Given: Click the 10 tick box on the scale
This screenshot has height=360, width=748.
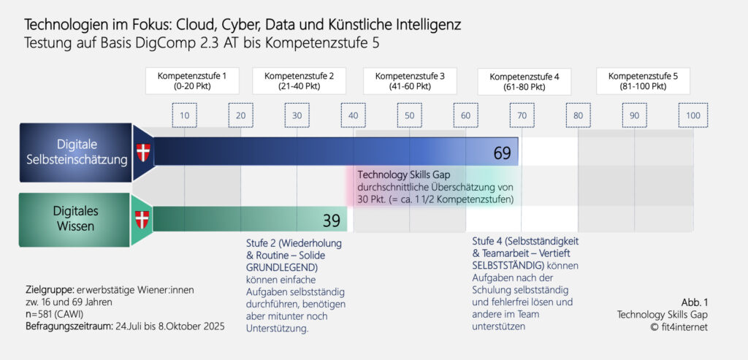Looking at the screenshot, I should coord(185,116).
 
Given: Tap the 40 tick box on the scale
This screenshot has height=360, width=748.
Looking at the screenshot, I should coord(354,116).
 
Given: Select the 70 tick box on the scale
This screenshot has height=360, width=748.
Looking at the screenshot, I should coord(522,116).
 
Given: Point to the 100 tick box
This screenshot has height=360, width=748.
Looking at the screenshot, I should coord(693,116).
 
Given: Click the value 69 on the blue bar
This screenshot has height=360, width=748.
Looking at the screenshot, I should coord(502,153).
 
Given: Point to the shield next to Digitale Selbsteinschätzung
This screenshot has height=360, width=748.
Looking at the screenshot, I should coord(142,153).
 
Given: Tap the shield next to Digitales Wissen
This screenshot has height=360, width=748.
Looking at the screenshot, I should coord(142,218).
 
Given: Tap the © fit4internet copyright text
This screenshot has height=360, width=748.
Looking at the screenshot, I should coord(680,326).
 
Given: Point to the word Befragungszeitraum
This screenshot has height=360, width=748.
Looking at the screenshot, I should coord(66,325).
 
